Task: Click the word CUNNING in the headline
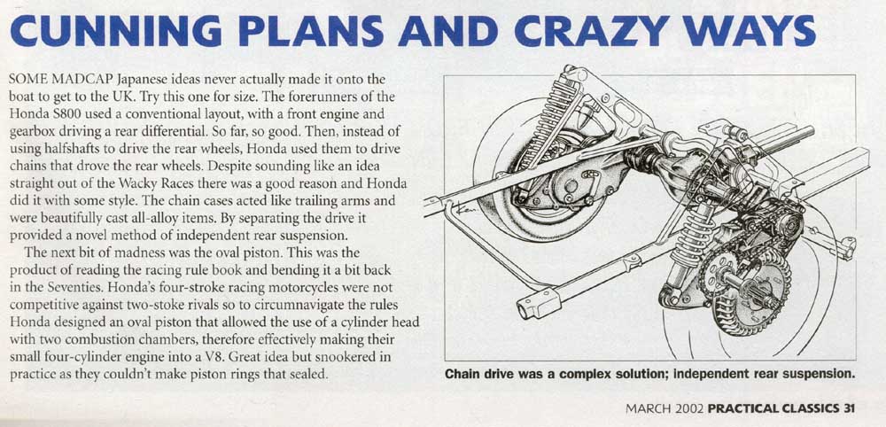(116, 32)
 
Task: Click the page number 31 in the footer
(847, 408)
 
